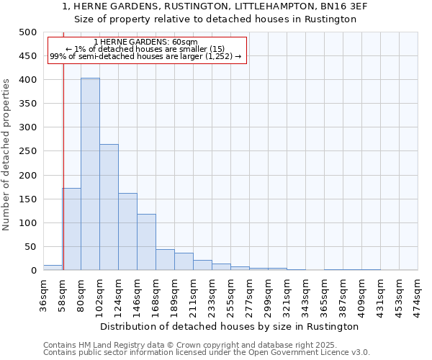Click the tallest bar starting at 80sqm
click(x=90, y=174)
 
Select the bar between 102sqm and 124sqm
click(x=109, y=207)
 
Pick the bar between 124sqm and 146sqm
click(x=127, y=232)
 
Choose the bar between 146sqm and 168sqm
click(x=146, y=242)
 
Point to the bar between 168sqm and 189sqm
click(x=165, y=260)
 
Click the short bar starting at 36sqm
click(x=53, y=268)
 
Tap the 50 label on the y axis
click(x=30, y=247)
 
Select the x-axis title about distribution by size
click(x=230, y=326)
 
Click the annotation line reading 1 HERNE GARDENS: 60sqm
click(x=145, y=42)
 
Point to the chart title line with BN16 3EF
click(x=216, y=6)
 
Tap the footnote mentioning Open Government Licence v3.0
click(x=207, y=353)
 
